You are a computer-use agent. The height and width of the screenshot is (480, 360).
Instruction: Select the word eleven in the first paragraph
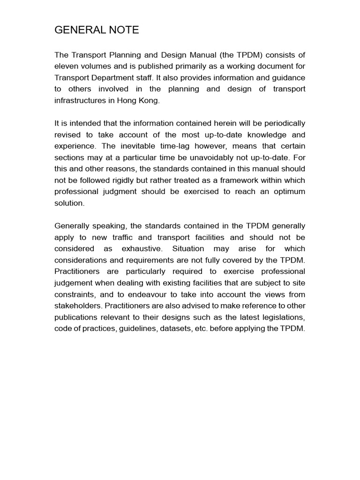(66, 67)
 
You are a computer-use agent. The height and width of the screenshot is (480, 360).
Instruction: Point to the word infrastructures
(80, 100)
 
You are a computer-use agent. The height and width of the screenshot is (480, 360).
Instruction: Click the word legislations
(284, 317)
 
